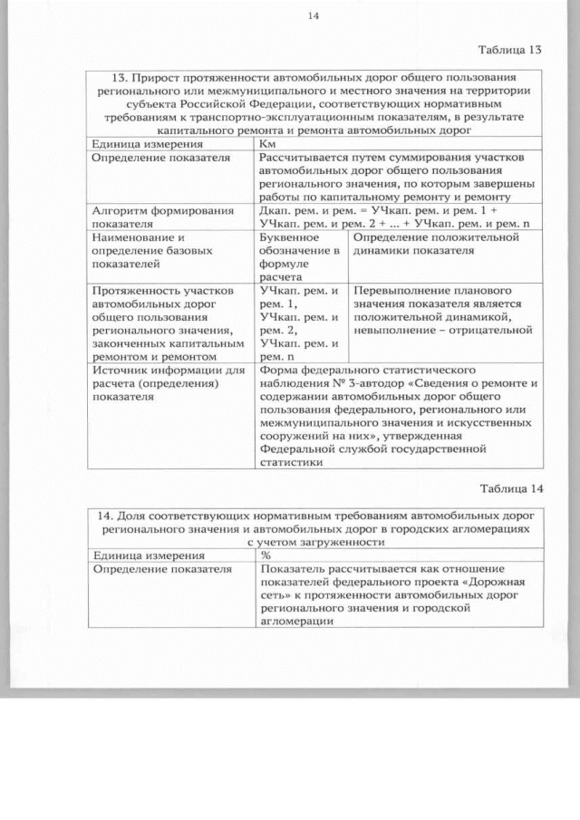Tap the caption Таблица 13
[509, 48]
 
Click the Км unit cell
[268, 145]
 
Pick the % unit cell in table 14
[266, 555]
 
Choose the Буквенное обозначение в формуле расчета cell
[298, 256]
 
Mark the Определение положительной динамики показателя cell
[436, 244]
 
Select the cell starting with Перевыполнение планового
[442, 311]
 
